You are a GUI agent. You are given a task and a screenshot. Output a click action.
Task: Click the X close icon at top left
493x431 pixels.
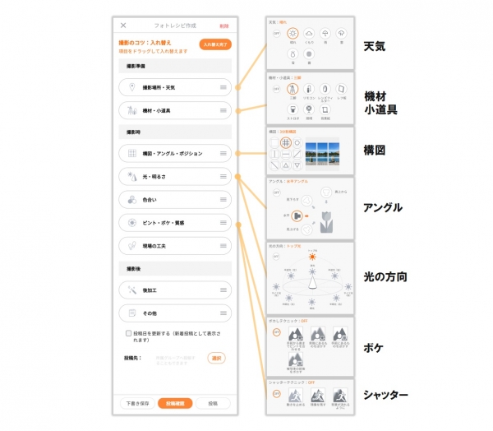(x=123, y=25)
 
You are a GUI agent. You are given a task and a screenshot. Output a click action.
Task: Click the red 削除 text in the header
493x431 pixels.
(x=224, y=25)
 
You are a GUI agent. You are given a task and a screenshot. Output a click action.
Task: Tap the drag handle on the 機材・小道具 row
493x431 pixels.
(x=223, y=110)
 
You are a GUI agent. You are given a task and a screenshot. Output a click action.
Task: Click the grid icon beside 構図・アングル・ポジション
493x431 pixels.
(x=131, y=154)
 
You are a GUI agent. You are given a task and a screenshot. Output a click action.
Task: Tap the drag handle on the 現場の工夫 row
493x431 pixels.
(x=223, y=245)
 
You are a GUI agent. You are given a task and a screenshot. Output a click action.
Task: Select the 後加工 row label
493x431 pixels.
(x=151, y=290)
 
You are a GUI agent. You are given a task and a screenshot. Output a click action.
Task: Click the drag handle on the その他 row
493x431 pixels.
(x=223, y=313)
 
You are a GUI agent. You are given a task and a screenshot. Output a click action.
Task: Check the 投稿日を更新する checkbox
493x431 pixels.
(x=129, y=334)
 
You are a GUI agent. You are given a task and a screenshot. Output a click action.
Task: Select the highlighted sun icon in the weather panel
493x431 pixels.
(x=293, y=32)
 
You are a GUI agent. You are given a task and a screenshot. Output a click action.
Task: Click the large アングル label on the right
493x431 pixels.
(x=382, y=207)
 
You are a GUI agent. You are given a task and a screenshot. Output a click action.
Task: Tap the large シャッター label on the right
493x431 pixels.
(x=385, y=396)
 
